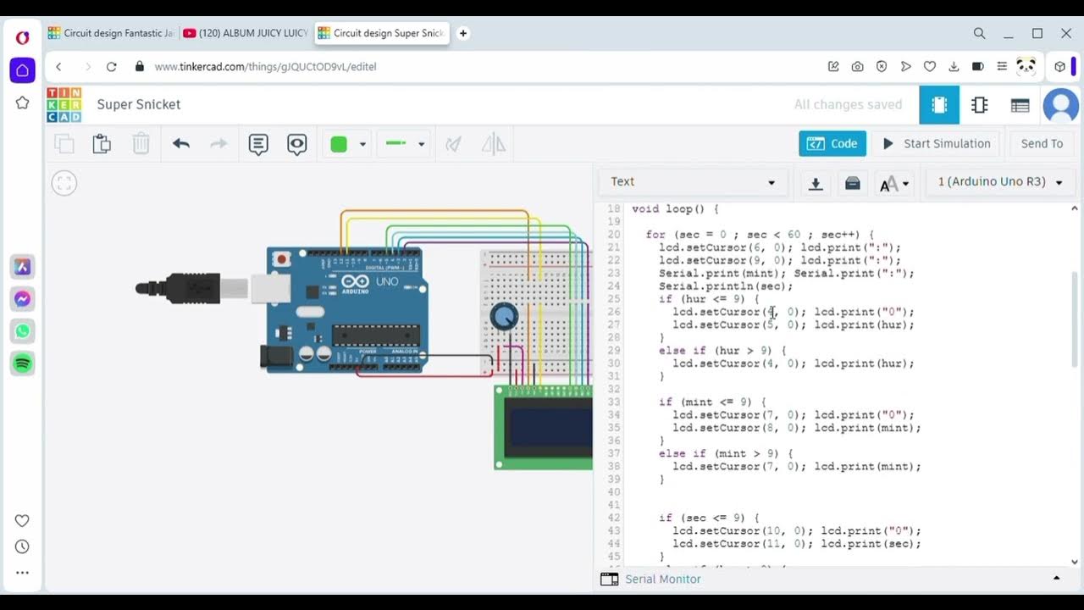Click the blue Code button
832,144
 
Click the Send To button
1041,144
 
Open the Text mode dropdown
693,182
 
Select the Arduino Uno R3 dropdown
999,182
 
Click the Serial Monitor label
662,579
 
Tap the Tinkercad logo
64,105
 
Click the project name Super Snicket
139,105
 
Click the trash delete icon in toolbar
141,144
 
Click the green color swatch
339,144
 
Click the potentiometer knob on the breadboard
504,317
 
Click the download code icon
815,183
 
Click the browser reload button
111,66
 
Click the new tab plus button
462,33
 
